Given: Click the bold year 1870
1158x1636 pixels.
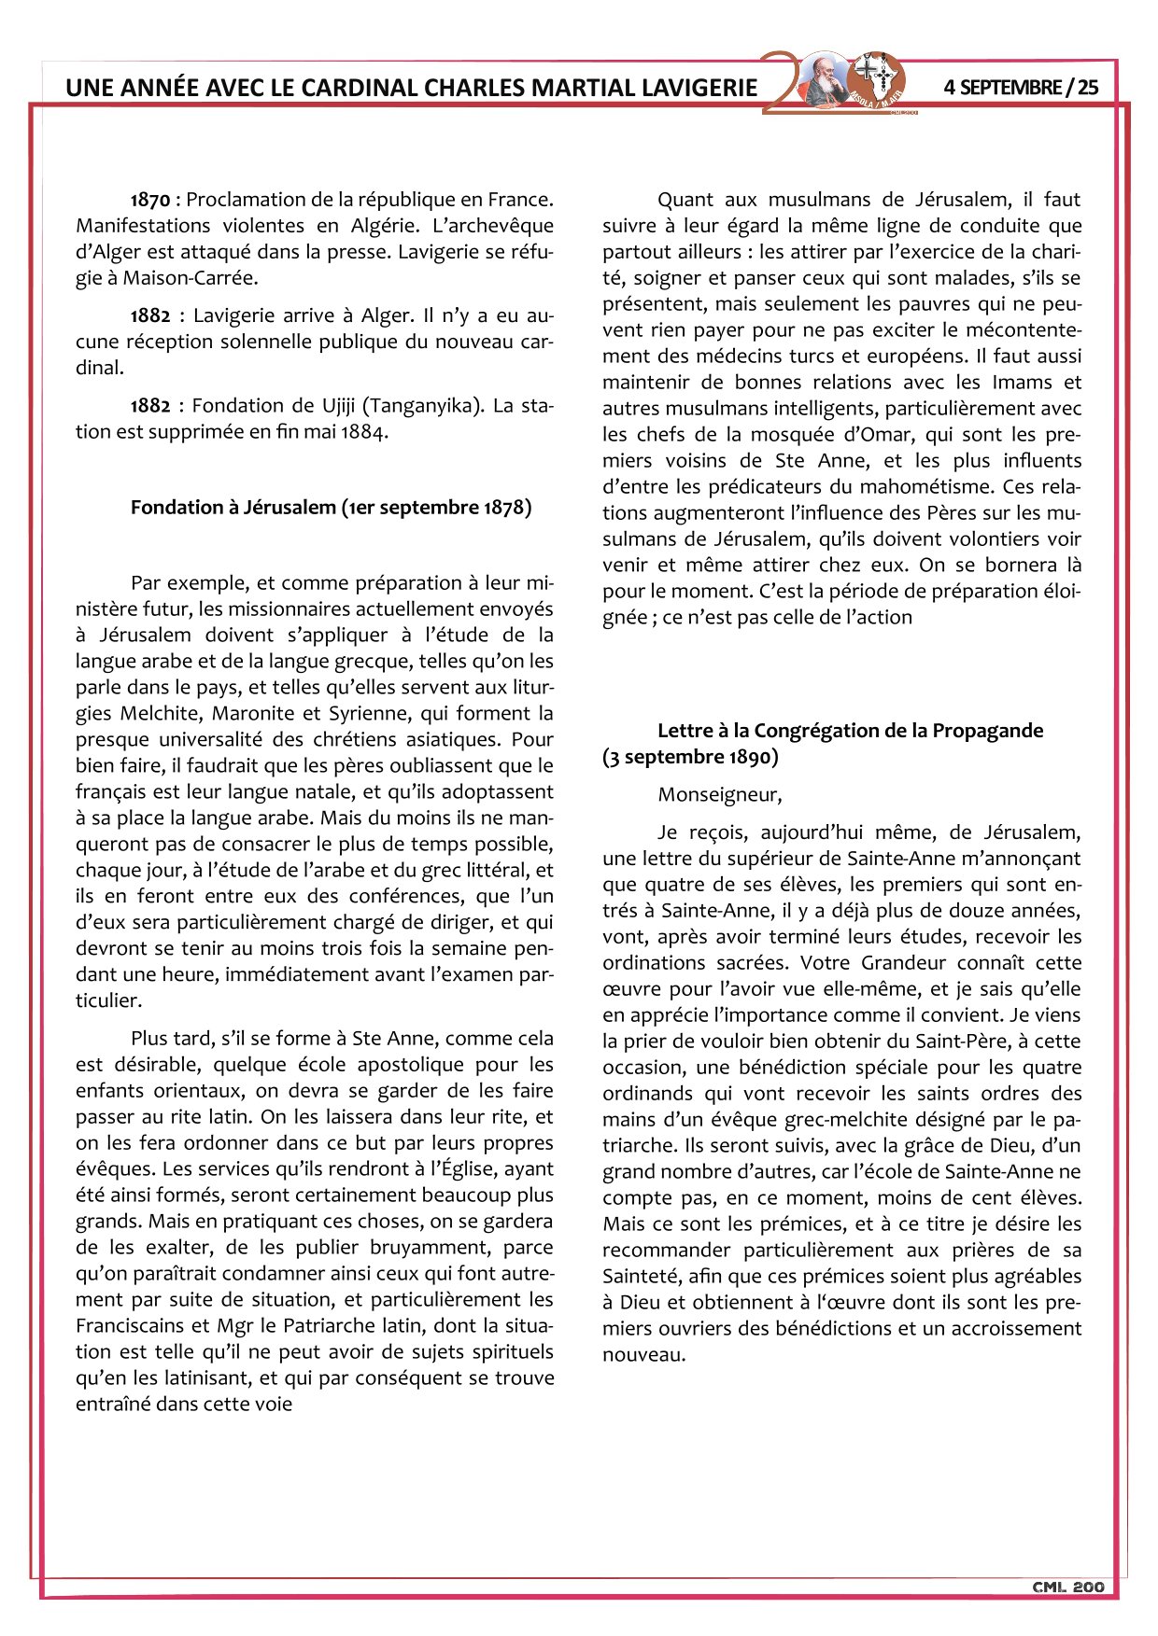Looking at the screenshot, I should coord(150,200).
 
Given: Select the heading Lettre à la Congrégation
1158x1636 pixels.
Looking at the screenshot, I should coord(850,731).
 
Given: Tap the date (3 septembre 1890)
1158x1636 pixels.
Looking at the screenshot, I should coord(690,757).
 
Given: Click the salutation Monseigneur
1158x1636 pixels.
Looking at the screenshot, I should coord(719,795).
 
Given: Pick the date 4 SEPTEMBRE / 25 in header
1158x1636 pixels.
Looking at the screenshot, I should coord(1021,88).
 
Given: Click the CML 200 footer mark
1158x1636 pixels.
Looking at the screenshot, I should coord(1068,1587).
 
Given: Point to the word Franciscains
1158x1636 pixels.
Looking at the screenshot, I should coord(134,1326).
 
